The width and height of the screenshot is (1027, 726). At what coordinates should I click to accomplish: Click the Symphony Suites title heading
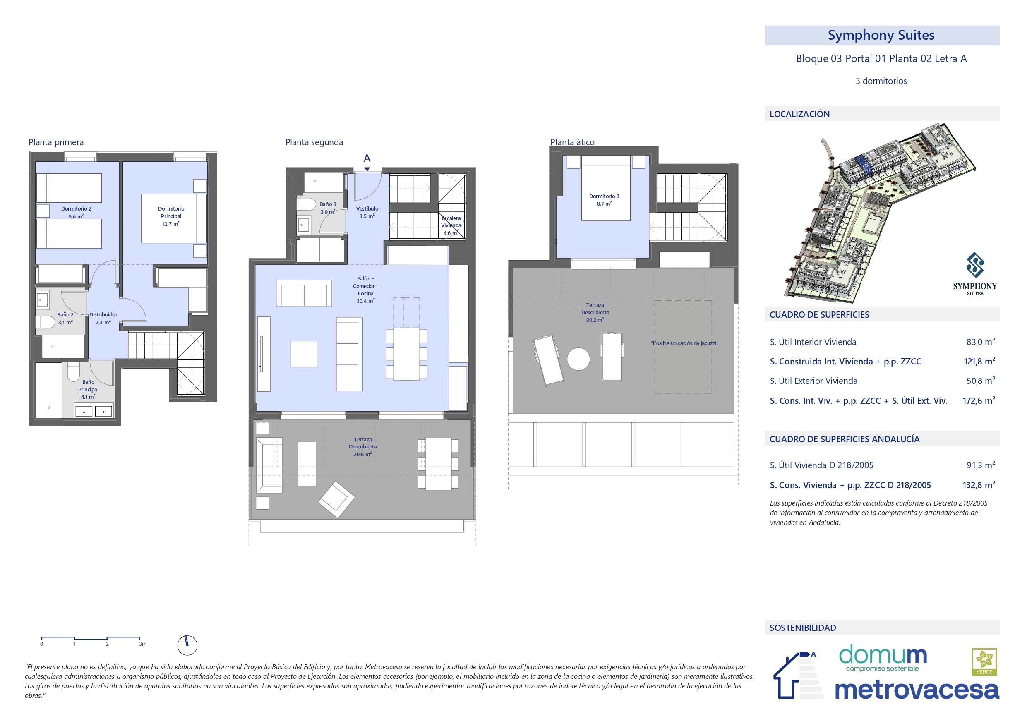[x=881, y=35]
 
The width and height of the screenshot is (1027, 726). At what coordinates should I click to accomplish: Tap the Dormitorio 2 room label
[x=76, y=213]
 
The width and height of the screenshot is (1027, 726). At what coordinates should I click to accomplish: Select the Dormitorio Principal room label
[x=171, y=216]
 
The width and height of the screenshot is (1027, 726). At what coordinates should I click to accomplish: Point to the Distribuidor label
[x=103, y=318]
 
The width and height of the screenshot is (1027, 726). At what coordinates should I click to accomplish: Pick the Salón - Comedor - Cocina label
[x=365, y=290]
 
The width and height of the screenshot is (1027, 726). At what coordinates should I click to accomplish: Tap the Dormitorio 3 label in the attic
[x=604, y=200]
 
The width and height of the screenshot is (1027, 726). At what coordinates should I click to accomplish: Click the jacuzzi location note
[x=683, y=343]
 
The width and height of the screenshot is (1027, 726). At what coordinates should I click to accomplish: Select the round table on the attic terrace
[x=578, y=359]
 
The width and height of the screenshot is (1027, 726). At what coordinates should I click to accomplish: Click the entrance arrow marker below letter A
[x=367, y=169]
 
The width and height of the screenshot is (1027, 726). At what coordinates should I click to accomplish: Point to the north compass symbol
[x=187, y=645]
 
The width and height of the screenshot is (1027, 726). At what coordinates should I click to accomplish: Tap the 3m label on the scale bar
[x=142, y=644]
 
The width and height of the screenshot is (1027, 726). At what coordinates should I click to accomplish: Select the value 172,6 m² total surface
[x=979, y=400]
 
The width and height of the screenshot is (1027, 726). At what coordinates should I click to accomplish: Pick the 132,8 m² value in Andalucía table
[x=979, y=485]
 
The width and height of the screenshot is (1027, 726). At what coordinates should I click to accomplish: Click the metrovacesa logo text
[x=917, y=690]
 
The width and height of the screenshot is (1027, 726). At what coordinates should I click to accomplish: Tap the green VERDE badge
[x=984, y=661]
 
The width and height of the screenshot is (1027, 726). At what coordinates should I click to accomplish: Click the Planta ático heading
[x=572, y=142]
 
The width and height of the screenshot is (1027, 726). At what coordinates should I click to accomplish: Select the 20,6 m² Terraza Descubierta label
[x=363, y=447]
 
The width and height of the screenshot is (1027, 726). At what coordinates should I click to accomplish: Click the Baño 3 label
[x=328, y=208]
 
